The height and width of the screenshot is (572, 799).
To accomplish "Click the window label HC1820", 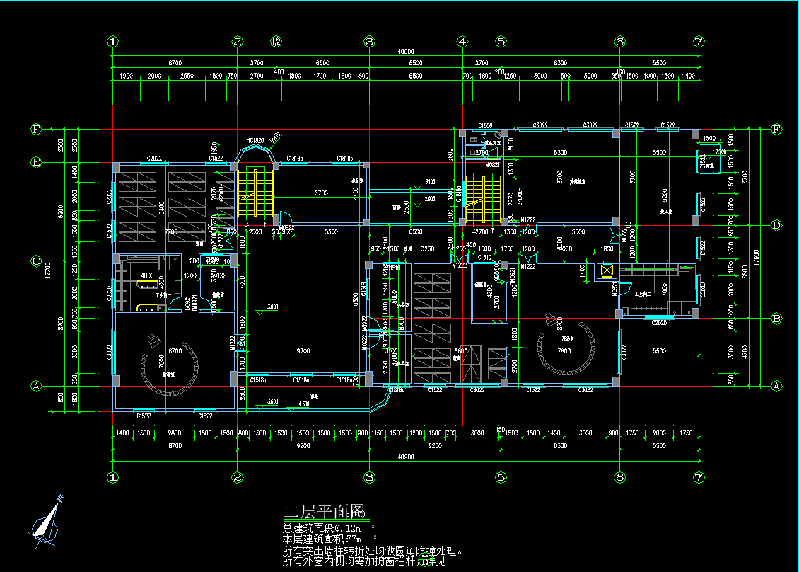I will [255, 141].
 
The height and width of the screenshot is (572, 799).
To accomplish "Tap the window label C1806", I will [485, 125].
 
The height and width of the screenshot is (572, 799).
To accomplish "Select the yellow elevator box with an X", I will [606, 269].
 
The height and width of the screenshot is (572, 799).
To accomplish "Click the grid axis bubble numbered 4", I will [462, 42].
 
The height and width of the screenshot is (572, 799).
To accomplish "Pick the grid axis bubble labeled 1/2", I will [276, 42].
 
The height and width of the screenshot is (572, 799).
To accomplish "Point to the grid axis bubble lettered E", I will [36, 162].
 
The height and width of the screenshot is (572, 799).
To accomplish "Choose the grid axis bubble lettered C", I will [36, 261].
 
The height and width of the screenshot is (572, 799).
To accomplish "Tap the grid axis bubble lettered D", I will [776, 225].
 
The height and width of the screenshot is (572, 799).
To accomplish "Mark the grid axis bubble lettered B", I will [776, 319].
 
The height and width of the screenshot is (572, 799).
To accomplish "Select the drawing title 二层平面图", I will [323, 511].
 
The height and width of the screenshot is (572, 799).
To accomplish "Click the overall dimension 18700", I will [49, 269].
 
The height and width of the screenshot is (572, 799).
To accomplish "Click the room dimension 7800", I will [564, 351].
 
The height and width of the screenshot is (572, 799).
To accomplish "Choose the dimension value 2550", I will [187, 76].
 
